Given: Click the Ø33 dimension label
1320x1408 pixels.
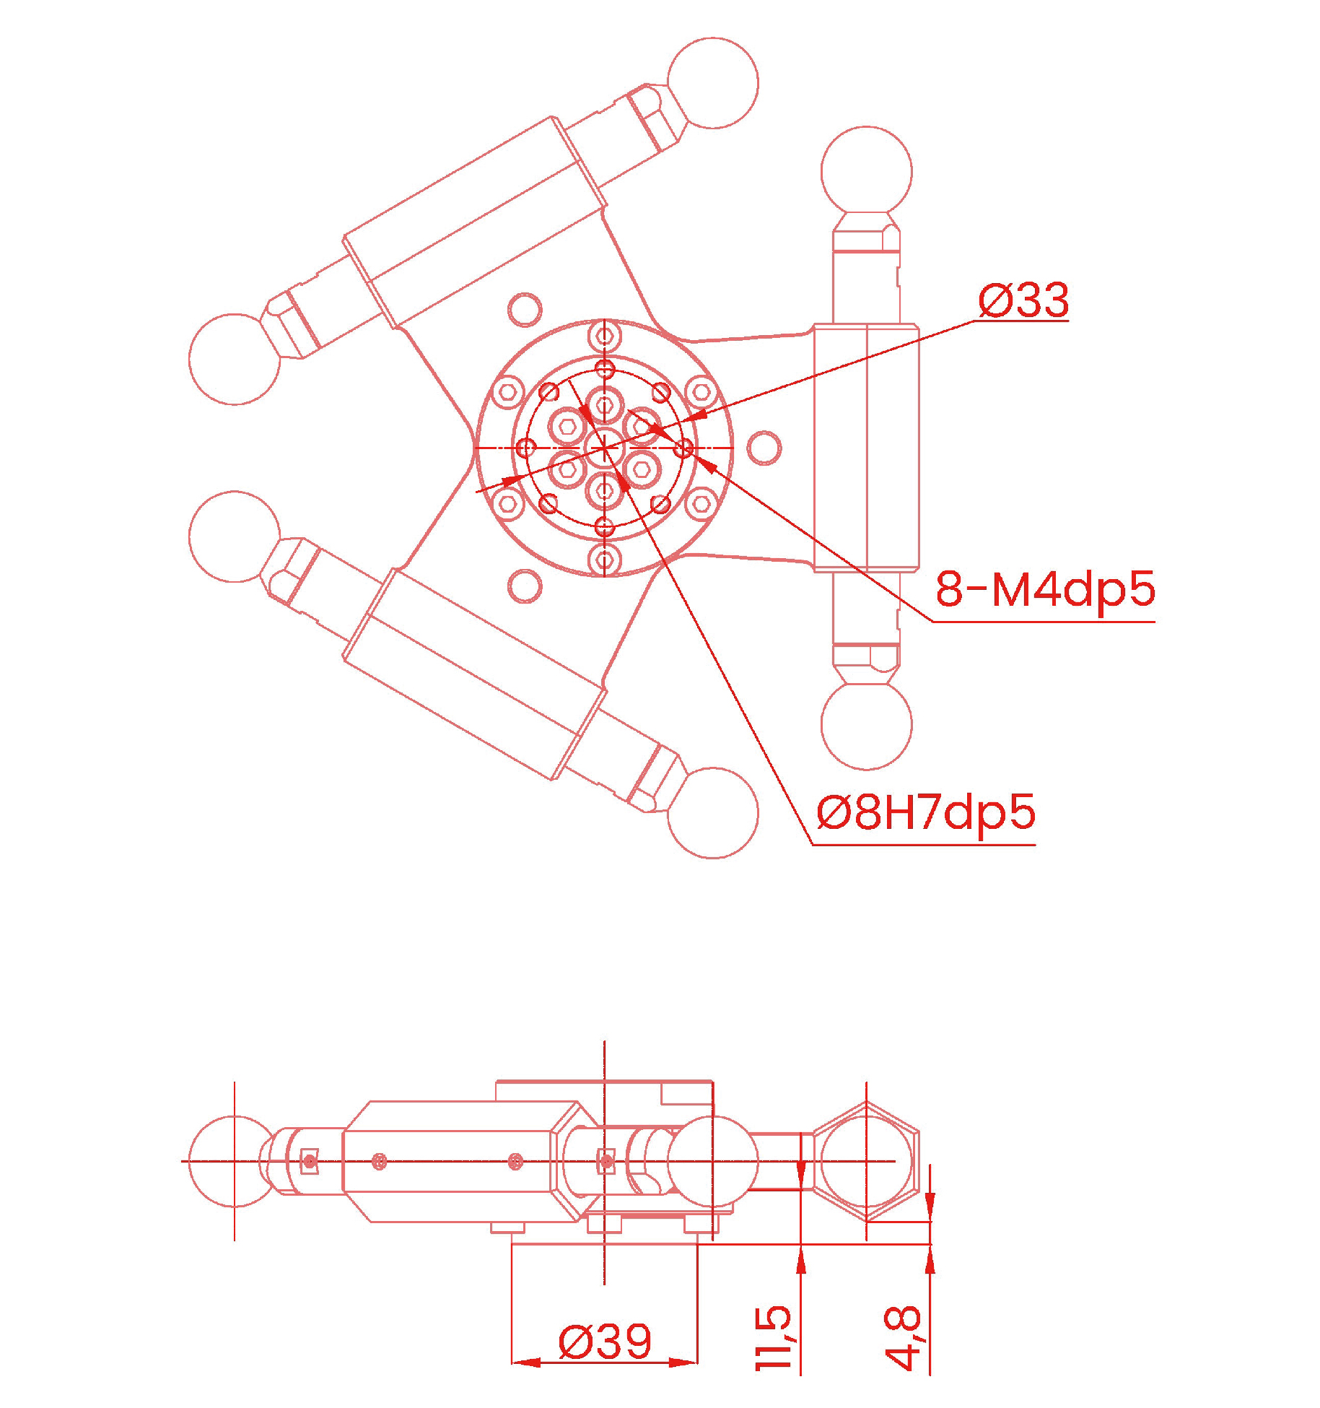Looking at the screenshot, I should pos(1023,300).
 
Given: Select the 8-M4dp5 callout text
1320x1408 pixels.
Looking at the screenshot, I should pos(1044,589).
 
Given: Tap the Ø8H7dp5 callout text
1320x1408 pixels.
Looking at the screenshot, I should pos(925,812).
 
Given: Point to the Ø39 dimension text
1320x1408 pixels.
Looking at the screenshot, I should pos(605,1342).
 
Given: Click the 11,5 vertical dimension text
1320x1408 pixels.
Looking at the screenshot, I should pos(773,1337).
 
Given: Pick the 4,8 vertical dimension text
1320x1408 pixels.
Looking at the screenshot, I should pos(902,1337).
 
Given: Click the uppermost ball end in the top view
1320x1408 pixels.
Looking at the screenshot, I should pos(712,83).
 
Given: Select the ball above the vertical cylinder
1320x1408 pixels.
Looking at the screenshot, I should pos(866,172).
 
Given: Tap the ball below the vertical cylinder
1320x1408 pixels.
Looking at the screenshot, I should pos(866,724).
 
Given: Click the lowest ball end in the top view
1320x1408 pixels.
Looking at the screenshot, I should pos(712,813).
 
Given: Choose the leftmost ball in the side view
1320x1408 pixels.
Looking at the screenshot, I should pos(234,1161).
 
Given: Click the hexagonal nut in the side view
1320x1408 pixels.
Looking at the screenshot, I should pos(866,1161).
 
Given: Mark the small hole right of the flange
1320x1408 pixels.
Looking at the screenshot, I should pos(764,448).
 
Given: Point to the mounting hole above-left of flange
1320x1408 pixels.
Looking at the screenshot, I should pos(525,310).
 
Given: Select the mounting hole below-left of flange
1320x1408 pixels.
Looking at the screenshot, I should pos(525,586).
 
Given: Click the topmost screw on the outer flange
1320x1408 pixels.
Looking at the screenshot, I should pos(605,336).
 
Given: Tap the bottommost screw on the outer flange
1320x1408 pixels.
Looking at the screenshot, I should pos(605,560).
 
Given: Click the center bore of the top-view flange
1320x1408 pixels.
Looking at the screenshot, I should pos(605,448).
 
